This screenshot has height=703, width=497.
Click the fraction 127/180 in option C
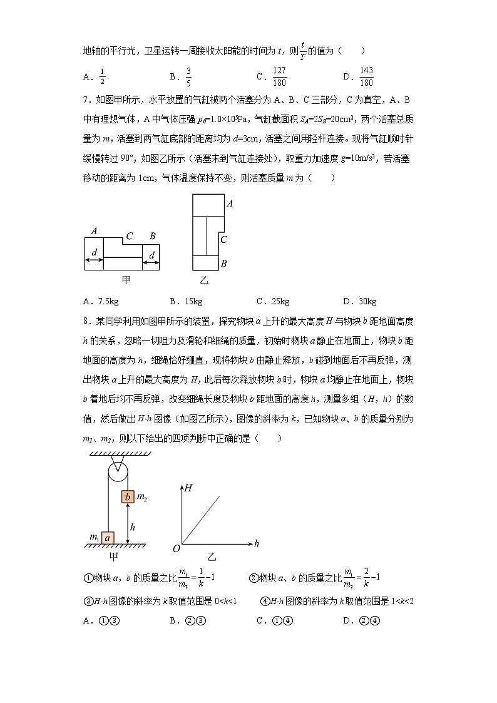click(x=280, y=77)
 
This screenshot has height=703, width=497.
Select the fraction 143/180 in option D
click(x=367, y=77)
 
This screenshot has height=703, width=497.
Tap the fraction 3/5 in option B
click(x=188, y=77)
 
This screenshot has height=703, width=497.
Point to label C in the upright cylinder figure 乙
click(x=223, y=239)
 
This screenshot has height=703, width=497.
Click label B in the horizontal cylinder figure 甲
click(x=152, y=235)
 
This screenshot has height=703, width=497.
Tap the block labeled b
click(x=128, y=497)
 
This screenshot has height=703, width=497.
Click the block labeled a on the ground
click(x=108, y=537)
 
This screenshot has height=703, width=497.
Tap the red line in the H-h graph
click(x=202, y=520)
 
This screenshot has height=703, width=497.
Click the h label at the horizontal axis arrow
click(x=256, y=544)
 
